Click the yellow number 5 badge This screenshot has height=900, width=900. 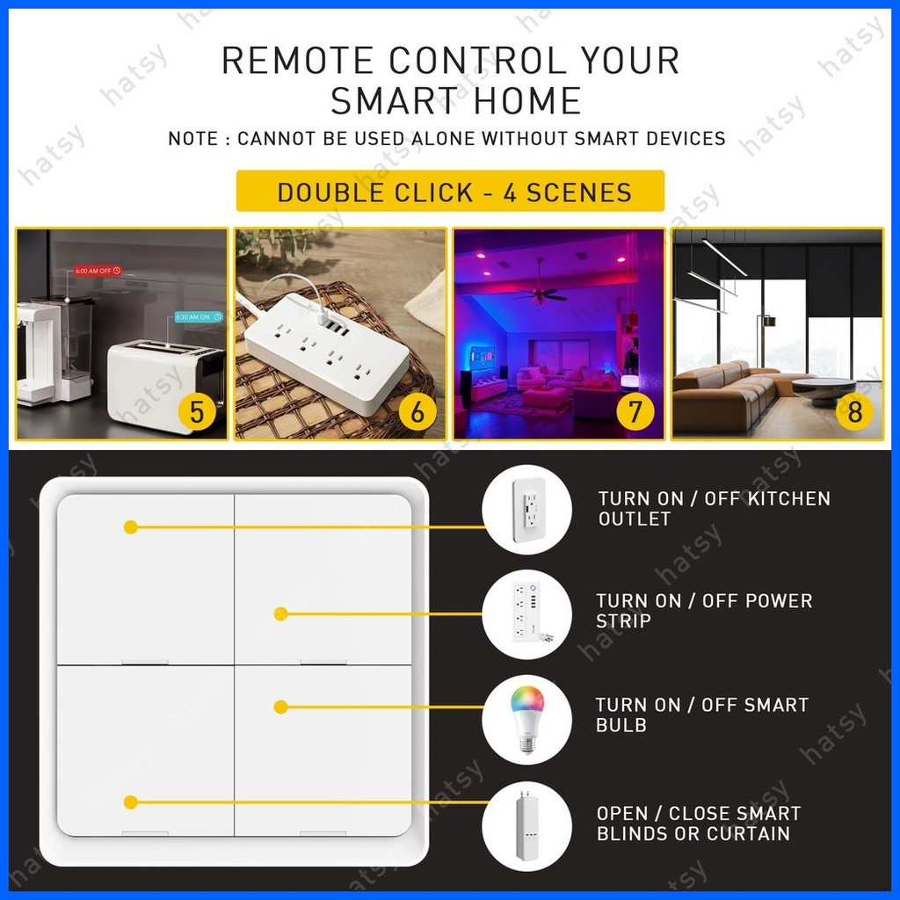pyautogui.click(x=196, y=411)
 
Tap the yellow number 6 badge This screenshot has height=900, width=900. pyautogui.click(x=417, y=411)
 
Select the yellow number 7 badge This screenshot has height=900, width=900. pyautogui.click(x=635, y=411)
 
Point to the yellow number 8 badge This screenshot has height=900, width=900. pyautogui.click(x=853, y=410)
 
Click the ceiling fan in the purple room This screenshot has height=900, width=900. pyautogui.click(x=539, y=294)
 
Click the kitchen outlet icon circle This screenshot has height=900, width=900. pyautogui.click(x=527, y=509)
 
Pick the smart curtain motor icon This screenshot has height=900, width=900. pyautogui.click(x=527, y=825)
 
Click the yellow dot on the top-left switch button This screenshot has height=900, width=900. pyautogui.click(x=131, y=527)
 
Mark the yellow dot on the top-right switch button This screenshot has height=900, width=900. pyautogui.click(x=280, y=613)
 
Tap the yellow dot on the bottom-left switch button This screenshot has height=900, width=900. pyautogui.click(x=131, y=802)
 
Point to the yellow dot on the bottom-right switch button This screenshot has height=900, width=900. pyautogui.click(x=280, y=707)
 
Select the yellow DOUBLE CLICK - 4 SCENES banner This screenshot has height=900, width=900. pyautogui.click(x=450, y=192)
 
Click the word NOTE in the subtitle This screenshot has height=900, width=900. pyautogui.click(x=193, y=139)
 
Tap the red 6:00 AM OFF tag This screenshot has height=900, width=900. pyautogui.click(x=97, y=271)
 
